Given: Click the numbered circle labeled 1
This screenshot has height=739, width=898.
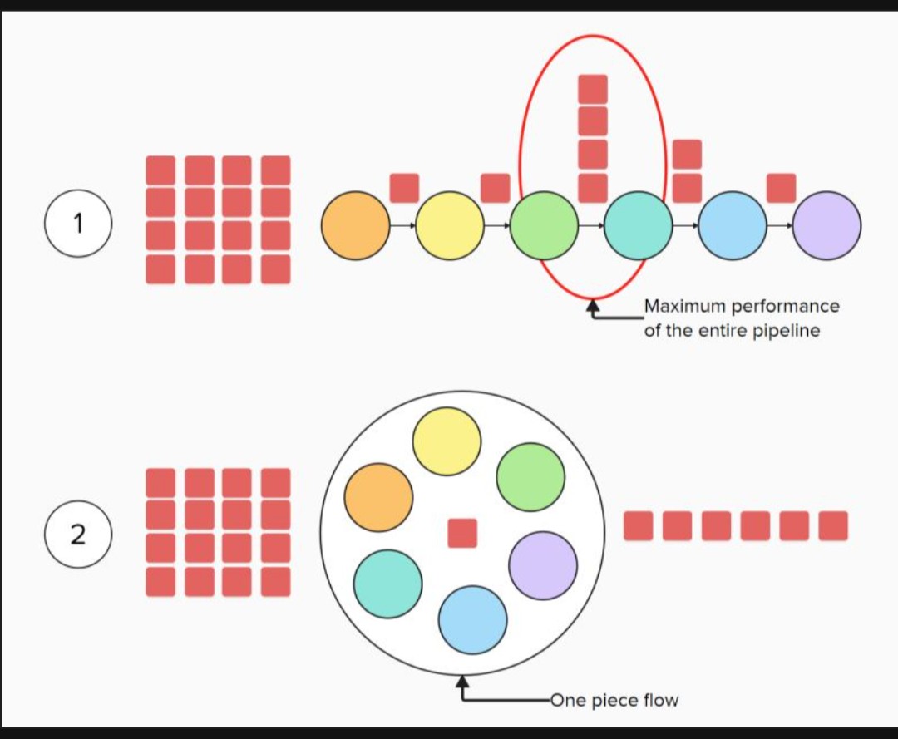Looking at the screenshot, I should (77, 223).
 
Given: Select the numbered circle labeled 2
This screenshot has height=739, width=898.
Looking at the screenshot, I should (77, 535).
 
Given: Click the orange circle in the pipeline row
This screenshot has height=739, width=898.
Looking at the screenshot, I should (356, 225).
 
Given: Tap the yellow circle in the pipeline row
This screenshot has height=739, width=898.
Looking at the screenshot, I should (450, 225).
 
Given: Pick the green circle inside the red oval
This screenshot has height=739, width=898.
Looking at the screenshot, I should (544, 225).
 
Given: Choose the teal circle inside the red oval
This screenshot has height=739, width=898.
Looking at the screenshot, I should (639, 225).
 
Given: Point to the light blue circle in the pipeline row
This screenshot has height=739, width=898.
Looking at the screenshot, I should (733, 225).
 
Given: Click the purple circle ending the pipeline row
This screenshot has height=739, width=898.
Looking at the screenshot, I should (827, 225).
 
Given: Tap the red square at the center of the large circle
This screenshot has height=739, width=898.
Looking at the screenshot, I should (462, 533).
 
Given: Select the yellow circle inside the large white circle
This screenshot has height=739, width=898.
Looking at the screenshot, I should (447, 441).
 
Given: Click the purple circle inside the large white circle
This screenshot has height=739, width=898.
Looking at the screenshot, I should (543, 565).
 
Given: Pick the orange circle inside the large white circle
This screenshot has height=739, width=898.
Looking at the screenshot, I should (378, 497).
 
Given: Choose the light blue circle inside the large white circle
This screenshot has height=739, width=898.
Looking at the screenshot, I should (472, 619).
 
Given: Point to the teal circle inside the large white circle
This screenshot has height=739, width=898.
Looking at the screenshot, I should (387, 583).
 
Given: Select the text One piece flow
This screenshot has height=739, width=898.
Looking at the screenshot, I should (614, 700).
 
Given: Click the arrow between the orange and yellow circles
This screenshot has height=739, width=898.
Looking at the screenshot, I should (402, 225).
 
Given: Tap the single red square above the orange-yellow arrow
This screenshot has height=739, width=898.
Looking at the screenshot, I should (404, 188).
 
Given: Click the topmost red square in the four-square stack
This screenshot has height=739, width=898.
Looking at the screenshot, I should (593, 89).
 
